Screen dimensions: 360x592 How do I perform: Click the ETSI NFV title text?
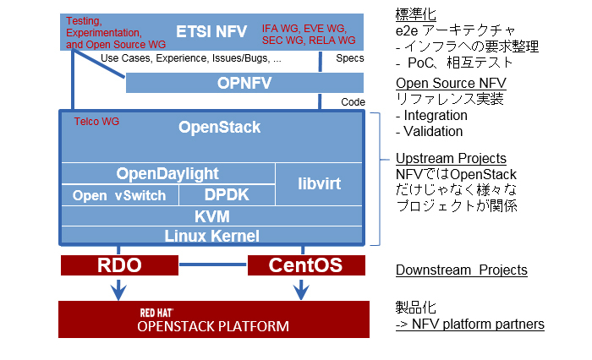tap(211, 32)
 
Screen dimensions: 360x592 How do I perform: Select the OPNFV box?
tap(244, 83)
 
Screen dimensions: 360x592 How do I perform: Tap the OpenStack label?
tap(220, 128)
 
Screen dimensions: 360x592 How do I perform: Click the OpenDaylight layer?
tap(167, 173)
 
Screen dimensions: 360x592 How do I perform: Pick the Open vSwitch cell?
tap(119, 195)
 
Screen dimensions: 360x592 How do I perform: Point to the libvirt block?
tap(321, 183)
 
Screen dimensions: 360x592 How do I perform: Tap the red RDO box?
tap(118, 265)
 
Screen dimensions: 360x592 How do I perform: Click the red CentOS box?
tap(305, 265)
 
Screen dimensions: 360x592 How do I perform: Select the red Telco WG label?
tap(97, 122)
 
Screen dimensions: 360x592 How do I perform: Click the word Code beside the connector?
tap(353, 101)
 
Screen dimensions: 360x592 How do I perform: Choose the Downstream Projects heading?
tap(461, 270)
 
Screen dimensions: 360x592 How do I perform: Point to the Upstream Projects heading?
tap(451, 158)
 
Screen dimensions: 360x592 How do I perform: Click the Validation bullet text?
tap(433, 131)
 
